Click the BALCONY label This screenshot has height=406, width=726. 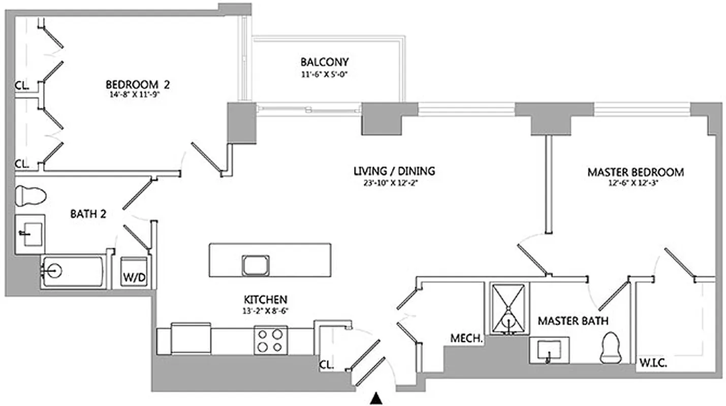[x=325, y=62]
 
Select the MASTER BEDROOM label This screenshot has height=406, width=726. [x=635, y=173]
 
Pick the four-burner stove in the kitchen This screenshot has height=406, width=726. [x=270, y=340]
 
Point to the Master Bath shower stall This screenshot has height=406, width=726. [x=509, y=308]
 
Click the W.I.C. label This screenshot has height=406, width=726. [x=653, y=363]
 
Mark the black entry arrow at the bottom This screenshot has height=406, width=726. [x=376, y=398]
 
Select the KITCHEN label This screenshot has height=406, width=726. [x=265, y=299]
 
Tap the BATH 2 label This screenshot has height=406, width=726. [x=88, y=214]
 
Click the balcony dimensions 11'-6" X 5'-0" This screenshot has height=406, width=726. [x=325, y=74]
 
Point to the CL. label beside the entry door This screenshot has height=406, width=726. [x=326, y=364]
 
